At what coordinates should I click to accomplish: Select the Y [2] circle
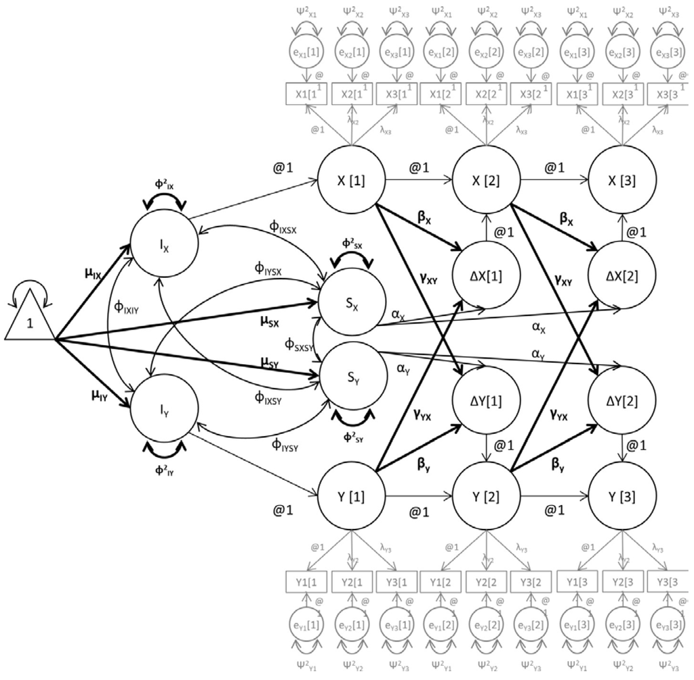(x=486, y=495)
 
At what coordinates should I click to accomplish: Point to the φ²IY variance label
(x=167, y=468)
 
